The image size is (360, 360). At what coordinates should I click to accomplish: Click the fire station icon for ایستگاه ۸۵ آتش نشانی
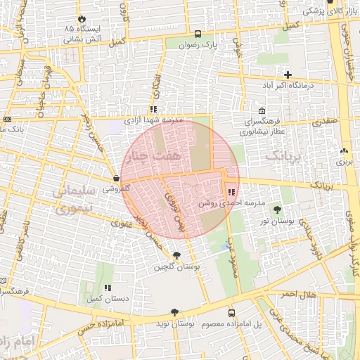pyautogui.click(x=83, y=18)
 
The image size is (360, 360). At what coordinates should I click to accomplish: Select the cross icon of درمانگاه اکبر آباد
pyautogui.click(x=288, y=75)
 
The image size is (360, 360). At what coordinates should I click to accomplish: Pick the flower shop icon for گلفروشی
pyautogui.click(x=116, y=179)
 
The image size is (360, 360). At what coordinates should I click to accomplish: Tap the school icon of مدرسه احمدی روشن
pyautogui.click(x=231, y=192)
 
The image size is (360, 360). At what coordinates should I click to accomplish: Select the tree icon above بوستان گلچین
pyautogui.click(x=176, y=255)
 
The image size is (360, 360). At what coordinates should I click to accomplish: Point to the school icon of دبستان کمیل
pyautogui.click(x=108, y=288)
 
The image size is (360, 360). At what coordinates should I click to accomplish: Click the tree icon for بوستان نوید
pyautogui.click(x=174, y=312)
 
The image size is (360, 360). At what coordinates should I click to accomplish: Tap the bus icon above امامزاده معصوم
pyautogui.click(x=231, y=312)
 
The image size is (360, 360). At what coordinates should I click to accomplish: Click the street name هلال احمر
pyautogui.click(x=298, y=293)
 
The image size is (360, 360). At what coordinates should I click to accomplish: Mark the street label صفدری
pyautogui.click(x=324, y=122)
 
